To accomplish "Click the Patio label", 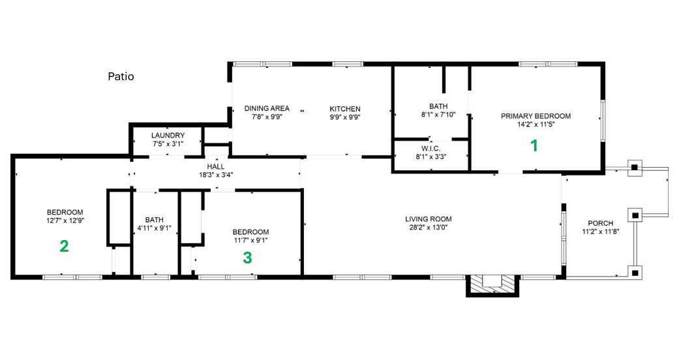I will (x=121, y=77).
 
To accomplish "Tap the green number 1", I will (x=534, y=146).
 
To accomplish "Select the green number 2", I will (x=64, y=246).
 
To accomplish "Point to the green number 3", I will (x=247, y=258).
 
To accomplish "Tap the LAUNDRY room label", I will (x=168, y=136).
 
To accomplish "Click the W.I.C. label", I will (x=431, y=149).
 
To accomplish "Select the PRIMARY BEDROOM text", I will (x=536, y=116).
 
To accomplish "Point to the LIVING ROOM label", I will (x=428, y=219).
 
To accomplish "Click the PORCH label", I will (x=600, y=223).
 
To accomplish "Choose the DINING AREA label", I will (x=267, y=109).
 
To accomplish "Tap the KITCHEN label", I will (x=345, y=109).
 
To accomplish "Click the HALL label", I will (x=216, y=166).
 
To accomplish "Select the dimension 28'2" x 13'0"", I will (x=428, y=228).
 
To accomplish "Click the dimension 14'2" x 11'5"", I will (x=536, y=125).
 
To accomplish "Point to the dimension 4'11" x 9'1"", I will (x=155, y=228).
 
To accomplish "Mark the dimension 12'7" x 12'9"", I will (x=65, y=220).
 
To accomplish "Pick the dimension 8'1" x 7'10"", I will (x=438, y=115).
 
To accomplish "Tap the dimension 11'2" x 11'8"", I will (x=600, y=232).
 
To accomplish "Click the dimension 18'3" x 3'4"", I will (x=216, y=175).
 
